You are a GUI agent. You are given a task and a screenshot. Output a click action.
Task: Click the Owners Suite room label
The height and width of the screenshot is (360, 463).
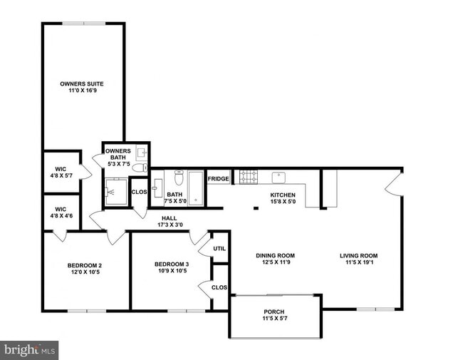coord(84,83)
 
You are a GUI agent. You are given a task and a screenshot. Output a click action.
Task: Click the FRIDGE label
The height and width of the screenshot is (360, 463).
coord(218,179)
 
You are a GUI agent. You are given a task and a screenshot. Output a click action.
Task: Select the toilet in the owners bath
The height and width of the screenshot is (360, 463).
coord(140,168)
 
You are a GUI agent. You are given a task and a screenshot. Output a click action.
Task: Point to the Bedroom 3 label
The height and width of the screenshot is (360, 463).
coord(171,264)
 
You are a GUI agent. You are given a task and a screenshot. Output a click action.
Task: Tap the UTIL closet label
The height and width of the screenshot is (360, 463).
coord(219,249)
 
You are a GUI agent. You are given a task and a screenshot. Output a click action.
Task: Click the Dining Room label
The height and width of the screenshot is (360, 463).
coord(275,256)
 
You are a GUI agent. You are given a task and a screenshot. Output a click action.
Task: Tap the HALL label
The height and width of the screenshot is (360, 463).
coord(169,218)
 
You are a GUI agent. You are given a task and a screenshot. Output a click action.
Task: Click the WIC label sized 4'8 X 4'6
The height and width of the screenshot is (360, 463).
coord(60,211)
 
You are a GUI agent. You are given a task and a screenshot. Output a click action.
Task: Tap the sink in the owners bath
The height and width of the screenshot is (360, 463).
coord(141,152)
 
